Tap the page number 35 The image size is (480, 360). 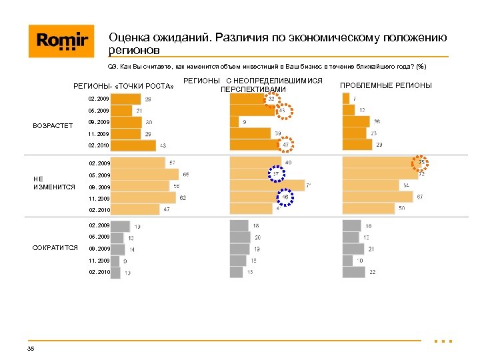pos(31,349)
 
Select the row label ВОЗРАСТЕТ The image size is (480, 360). pos(53,125)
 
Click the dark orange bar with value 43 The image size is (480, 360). pos(133,145)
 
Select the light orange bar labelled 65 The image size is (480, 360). pos(145,175)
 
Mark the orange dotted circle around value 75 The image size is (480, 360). pos(421,163)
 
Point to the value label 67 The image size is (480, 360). pos(420,197)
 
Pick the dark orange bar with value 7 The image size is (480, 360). pos(345,99)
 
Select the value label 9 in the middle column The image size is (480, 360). pos(244,122)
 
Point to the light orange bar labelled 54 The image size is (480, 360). pos(371,185)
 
